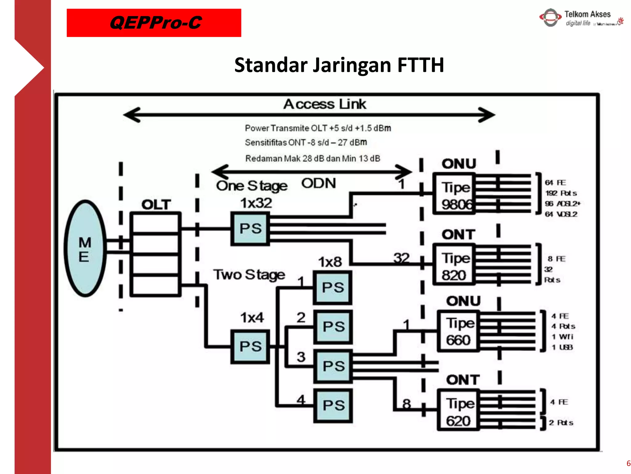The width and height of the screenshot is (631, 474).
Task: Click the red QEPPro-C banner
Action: click(x=154, y=23)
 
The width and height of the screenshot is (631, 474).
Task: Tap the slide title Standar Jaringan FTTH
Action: click(x=339, y=65)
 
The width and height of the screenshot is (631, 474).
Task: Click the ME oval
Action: click(x=85, y=249)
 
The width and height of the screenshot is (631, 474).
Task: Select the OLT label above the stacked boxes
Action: click(x=156, y=205)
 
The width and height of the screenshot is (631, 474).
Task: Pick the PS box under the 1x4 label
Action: click(x=250, y=347)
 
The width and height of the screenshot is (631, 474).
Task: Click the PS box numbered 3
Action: click(x=333, y=366)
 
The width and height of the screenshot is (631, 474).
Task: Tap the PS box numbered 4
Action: click(x=333, y=405)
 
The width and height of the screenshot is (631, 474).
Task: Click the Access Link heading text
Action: click(x=325, y=104)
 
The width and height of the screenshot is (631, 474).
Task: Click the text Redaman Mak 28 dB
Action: click(x=312, y=159)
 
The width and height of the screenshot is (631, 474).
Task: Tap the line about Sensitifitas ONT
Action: click(x=306, y=143)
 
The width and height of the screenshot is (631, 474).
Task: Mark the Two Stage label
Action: click(x=249, y=275)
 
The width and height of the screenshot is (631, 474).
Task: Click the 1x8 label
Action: click(x=330, y=262)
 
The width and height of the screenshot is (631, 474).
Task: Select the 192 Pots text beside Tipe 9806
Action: click(x=561, y=193)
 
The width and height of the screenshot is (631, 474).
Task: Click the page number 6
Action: click(x=628, y=463)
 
